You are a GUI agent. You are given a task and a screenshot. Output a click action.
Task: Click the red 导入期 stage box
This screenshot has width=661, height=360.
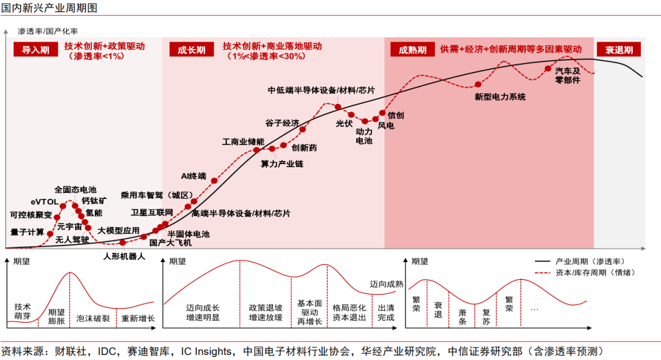tap(35, 50)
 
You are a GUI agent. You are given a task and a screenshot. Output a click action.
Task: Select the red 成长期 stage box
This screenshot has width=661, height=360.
tap(191, 50)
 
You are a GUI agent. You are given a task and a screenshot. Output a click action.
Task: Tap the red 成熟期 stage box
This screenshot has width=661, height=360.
tap(412, 50)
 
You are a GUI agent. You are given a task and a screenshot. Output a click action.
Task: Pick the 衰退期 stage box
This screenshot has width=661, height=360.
tap(618, 50)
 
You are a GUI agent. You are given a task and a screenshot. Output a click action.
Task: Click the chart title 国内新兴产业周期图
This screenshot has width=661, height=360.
tap(48, 8)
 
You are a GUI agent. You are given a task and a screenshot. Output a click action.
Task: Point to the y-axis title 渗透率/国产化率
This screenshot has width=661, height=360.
tap(48, 31)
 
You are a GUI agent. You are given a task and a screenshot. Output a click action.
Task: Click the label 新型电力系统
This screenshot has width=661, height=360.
tap(500, 97)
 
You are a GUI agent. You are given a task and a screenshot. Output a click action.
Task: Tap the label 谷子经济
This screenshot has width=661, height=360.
tap(282, 122)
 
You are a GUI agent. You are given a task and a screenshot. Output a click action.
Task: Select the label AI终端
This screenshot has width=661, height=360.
tap(193, 176)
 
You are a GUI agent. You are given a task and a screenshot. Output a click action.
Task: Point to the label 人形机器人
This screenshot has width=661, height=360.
tap(124, 256)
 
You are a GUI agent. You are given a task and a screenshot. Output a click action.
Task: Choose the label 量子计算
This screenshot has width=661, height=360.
tap(28, 232)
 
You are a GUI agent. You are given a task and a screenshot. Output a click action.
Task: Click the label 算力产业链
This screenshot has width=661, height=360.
tap(282, 163)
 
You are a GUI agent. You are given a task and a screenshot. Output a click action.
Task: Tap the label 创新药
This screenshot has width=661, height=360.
tap(304, 148)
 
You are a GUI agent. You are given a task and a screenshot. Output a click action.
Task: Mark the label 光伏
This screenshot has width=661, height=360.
tap(345, 123)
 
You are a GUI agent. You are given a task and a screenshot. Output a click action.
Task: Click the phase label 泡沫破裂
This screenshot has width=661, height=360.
tap(93, 318)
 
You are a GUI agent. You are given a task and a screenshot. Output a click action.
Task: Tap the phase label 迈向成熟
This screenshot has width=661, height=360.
tap(387, 283)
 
